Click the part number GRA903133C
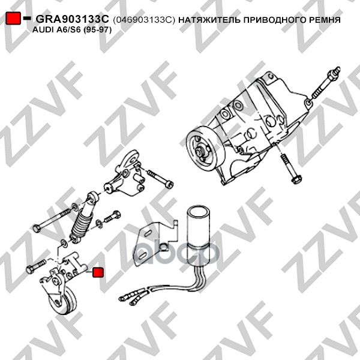click(72, 20)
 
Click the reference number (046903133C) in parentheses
click(144, 20)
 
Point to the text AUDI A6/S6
click(56, 29)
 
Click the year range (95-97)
click(97, 30)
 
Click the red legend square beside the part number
click(13, 19)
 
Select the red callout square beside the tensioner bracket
click(98, 272)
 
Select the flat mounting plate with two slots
click(155, 244)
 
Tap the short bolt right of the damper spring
click(113, 217)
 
